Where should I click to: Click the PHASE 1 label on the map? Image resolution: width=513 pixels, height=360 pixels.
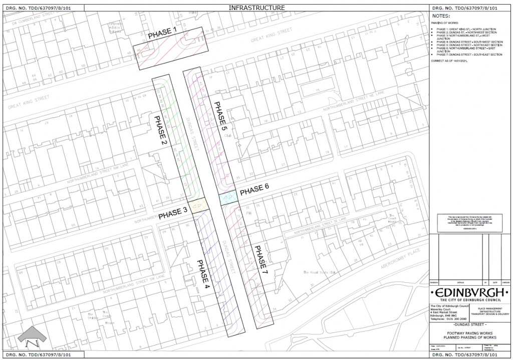[x=162, y=34]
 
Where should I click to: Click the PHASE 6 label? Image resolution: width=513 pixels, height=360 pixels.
[x=254, y=190]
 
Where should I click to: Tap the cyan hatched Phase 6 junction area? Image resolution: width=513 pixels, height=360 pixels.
[x=228, y=198]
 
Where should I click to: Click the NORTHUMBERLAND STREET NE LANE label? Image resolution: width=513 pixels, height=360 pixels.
[x=353, y=103]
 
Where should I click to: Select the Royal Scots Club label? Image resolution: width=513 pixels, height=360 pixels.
[x=318, y=273]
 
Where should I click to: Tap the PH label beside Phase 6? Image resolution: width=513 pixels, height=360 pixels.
[x=247, y=213]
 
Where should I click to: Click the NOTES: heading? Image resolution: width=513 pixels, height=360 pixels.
[x=441, y=16]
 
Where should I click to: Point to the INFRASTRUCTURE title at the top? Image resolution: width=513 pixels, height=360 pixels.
[x=256, y=8]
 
